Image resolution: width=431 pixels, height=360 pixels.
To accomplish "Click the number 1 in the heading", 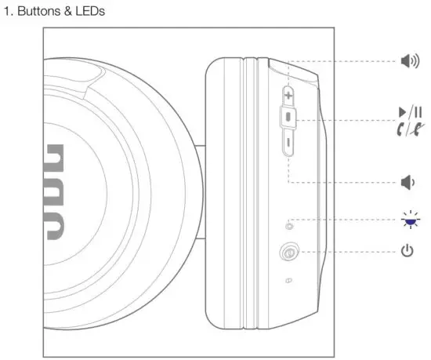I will click(9, 12).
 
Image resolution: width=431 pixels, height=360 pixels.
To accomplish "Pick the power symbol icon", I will click(406, 252).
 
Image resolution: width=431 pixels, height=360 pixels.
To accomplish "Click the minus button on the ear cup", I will click(288, 144).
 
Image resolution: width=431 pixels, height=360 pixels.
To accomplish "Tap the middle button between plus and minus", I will click(288, 118).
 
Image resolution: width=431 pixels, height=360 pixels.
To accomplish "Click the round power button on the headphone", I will click(288, 253).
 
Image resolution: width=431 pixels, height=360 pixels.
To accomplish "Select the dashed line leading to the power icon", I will click(345, 252).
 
